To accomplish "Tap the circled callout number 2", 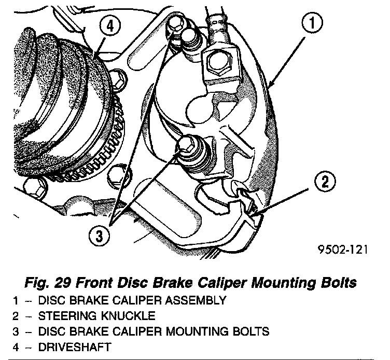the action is (x=325, y=182).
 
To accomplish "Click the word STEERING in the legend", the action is (x=66, y=315).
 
